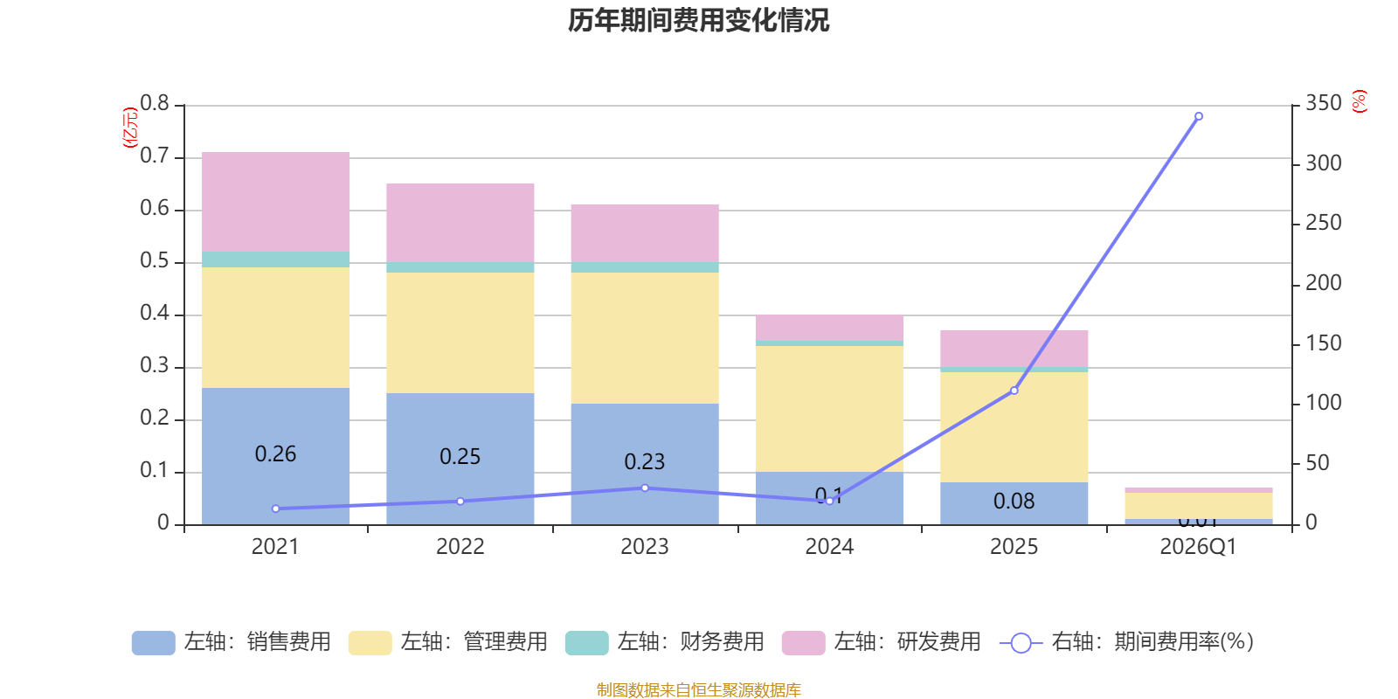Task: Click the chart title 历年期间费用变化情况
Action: [x=698, y=20]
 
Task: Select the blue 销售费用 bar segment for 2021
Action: [x=276, y=419]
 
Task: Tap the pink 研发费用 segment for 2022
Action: [x=460, y=222]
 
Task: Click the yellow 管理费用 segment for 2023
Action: [x=645, y=337]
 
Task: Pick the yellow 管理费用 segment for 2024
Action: [x=829, y=408]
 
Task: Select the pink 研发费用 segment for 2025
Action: [x=1014, y=349]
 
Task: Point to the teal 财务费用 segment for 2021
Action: [x=276, y=260]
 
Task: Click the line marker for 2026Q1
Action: [x=1198, y=116]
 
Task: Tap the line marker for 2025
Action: [x=1014, y=391]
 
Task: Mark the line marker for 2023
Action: [x=645, y=488]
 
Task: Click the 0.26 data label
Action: [x=275, y=454]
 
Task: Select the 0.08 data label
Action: [x=1014, y=502]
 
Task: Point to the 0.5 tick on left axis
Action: [x=155, y=261]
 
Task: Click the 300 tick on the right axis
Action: [x=1323, y=163]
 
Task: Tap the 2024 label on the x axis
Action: [x=829, y=547]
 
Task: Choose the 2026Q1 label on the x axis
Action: [x=1198, y=547]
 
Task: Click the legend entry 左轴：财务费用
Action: [x=665, y=642]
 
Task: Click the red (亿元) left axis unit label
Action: [x=131, y=128]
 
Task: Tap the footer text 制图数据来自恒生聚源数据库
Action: [x=698, y=690]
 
